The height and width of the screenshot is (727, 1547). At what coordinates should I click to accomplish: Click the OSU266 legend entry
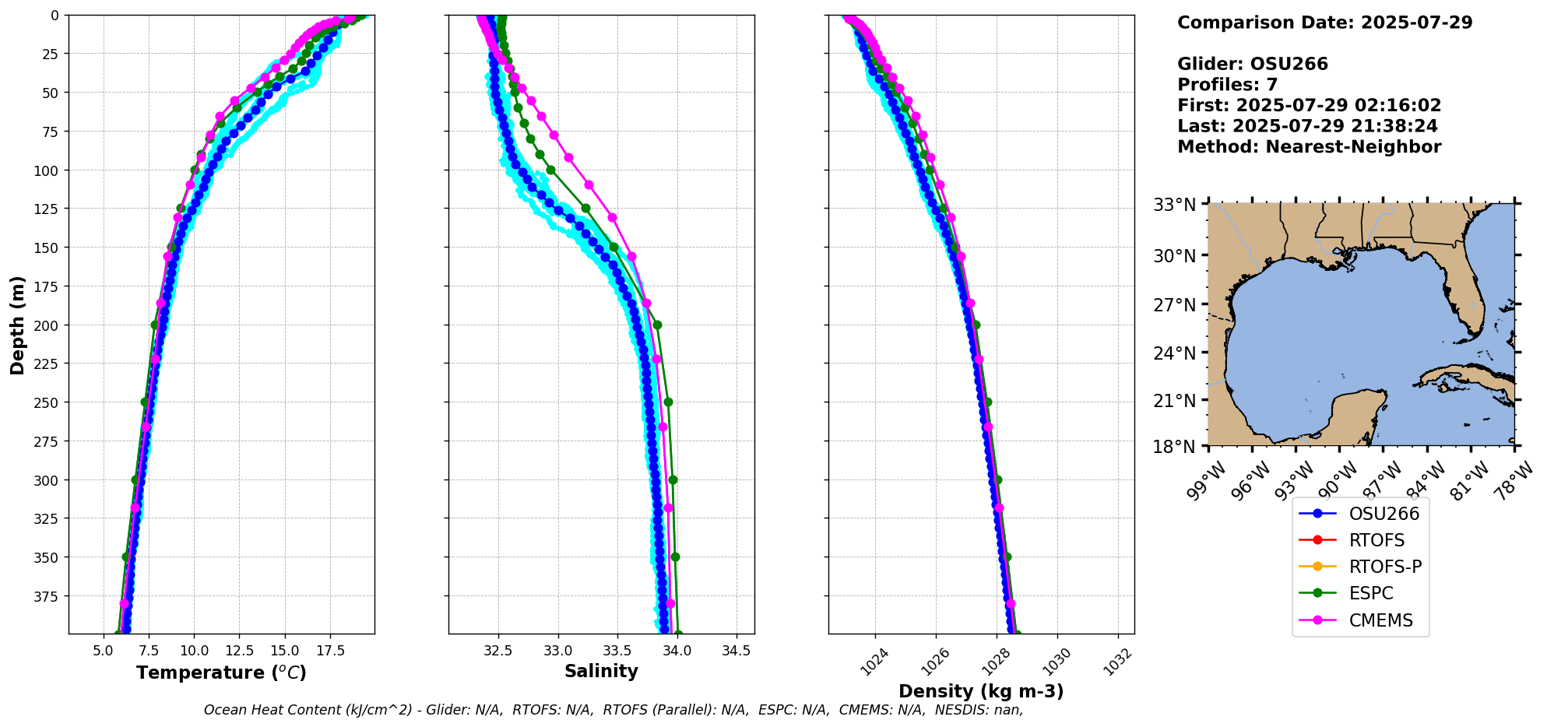pos(1384,514)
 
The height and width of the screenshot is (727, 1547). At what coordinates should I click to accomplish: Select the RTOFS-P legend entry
pos(1385,567)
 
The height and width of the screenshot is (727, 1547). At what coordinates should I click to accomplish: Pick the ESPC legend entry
pos(1370,593)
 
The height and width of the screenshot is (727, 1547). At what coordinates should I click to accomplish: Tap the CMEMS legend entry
pos(1380,620)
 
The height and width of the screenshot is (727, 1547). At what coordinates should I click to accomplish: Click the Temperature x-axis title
pos(221,673)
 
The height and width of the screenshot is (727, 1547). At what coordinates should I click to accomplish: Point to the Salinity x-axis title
pos(601,671)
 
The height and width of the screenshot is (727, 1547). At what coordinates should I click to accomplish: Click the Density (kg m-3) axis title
pos(981,691)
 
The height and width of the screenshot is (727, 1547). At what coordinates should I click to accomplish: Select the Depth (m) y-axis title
pos(17,325)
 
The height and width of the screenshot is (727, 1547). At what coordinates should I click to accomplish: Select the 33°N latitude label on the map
pos(1174,205)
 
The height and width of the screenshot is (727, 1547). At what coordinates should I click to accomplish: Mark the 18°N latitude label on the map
pos(1174,447)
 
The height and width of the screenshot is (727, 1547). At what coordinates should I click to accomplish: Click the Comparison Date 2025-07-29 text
pos(1324,23)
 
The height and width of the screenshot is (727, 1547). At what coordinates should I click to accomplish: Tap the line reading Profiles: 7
pos(1227,85)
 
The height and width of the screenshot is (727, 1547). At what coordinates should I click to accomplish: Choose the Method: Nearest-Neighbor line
pos(1309,147)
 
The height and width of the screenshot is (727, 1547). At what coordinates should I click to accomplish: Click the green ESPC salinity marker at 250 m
pos(668,402)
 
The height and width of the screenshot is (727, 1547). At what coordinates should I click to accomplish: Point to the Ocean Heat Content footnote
pos(614,710)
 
